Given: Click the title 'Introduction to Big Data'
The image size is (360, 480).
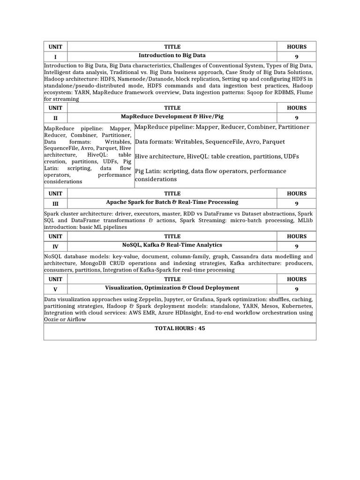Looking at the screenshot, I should (172, 55).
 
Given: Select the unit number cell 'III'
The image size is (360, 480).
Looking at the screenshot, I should (55, 203).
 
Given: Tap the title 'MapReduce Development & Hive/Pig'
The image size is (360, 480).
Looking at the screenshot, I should (172, 116).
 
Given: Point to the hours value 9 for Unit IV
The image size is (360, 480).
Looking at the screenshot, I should (296, 246).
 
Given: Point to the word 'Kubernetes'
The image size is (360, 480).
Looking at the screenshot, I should (296, 306).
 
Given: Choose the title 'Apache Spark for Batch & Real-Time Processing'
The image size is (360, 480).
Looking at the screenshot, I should (172, 202).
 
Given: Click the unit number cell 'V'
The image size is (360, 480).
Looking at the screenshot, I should (55, 289).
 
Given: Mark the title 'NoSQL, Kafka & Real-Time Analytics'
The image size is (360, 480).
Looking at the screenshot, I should (172, 245).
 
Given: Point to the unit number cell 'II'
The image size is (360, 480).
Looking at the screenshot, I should (55, 118).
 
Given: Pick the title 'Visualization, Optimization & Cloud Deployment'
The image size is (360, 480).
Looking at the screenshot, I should (172, 288).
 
